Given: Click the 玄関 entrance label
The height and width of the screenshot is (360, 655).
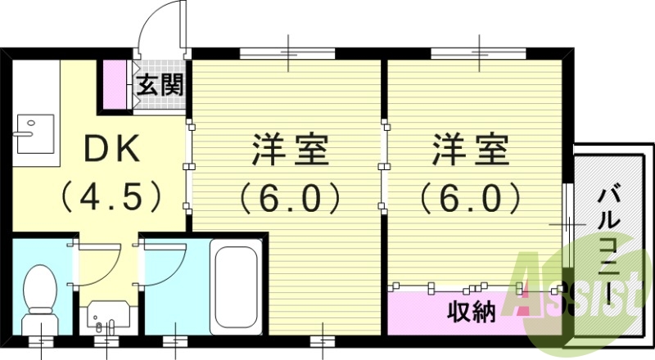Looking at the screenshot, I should [160, 84].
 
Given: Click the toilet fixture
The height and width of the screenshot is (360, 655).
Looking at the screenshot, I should [38, 295].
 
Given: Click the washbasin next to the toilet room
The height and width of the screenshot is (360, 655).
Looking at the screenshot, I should [106, 315].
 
